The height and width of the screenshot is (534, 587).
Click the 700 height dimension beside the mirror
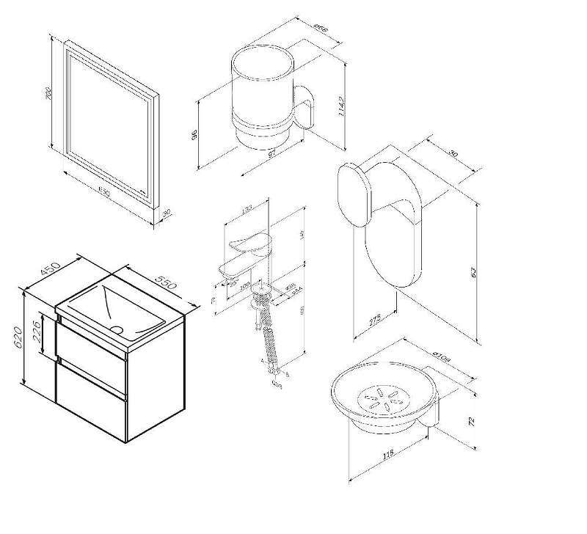pyautogui.click(x=49, y=95)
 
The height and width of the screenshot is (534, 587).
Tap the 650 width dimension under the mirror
pyautogui.click(x=103, y=193)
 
